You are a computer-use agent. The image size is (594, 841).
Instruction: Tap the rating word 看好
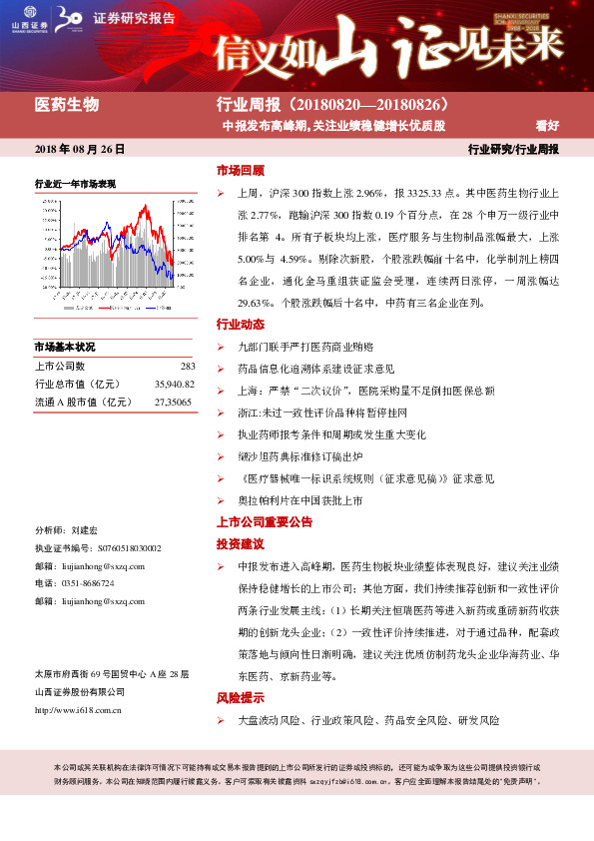[x=547, y=127]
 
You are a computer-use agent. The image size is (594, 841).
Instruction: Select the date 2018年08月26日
[x=80, y=149]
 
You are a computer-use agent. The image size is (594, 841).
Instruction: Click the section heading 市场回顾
[x=241, y=170]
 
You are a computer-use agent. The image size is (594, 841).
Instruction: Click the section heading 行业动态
[x=241, y=325]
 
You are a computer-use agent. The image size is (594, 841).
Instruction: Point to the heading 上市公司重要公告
[x=265, y=521]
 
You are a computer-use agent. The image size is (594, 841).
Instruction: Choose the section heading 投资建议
[x=241, y=544]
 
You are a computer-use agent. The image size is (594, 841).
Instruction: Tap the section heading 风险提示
[x=241, y=698]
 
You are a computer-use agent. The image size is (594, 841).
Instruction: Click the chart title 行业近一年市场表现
[x=75, y=184]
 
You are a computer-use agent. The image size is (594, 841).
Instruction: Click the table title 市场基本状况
[x=64, y=347]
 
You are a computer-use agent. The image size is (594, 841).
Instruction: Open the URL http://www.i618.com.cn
[x=78, y=710]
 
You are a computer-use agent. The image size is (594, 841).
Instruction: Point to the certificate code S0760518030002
[x=130, y=548]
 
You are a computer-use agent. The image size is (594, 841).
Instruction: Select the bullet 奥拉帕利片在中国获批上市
[x=298, y=499]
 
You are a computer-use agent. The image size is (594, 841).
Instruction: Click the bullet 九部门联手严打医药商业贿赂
[x=304, y=347]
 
